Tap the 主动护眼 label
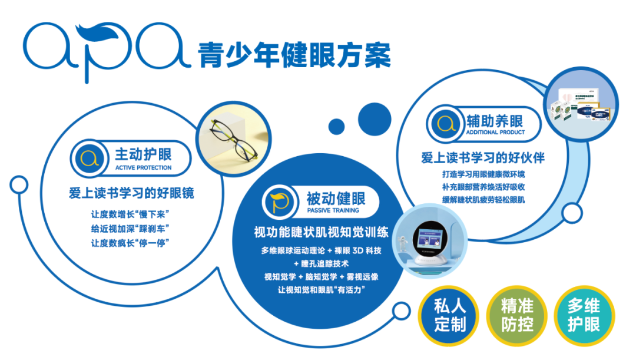(143, 154)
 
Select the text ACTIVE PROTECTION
(143, 168)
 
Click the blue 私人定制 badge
(450, 315)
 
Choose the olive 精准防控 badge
(518, 315)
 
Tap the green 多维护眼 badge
(584, 315)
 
